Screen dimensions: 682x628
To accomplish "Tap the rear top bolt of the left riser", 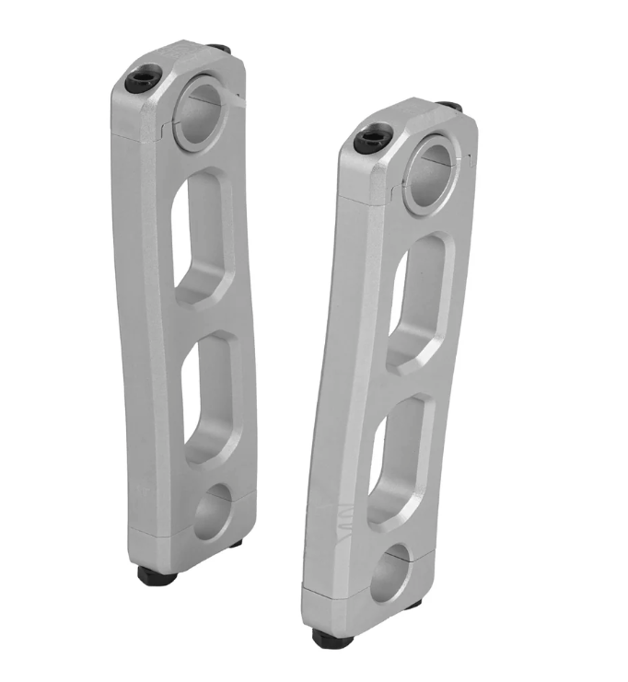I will point(218,48).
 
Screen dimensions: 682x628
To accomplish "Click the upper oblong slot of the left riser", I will point(202,237).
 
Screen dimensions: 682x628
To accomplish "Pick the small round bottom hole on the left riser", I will point(213,513).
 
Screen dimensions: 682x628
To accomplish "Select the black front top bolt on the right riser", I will point(369,141).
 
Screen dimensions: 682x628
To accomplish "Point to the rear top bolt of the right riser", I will point(449,107).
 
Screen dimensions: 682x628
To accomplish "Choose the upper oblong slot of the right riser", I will point(419,303).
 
